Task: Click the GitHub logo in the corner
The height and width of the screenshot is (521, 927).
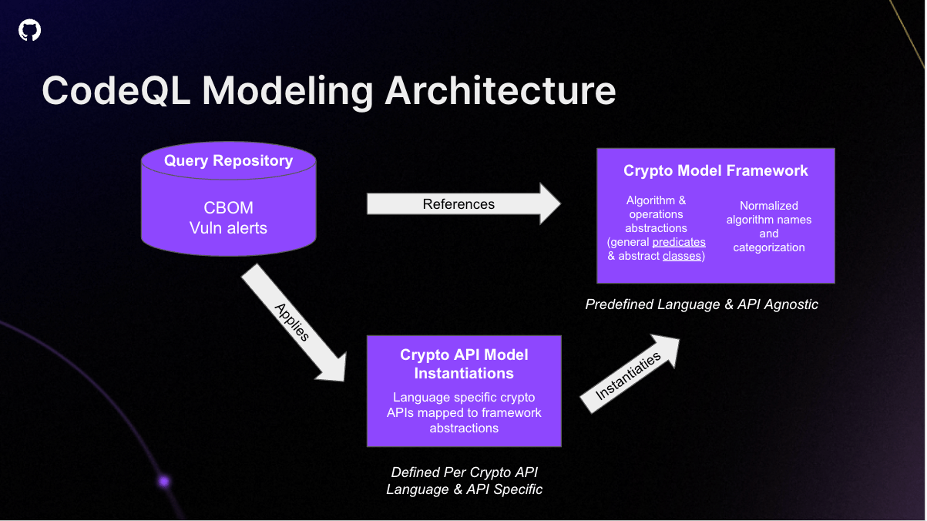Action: pyautogui.click(x=29, y=30)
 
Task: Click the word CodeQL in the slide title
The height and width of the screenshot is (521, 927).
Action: pyautogui.click(x=116, y=91)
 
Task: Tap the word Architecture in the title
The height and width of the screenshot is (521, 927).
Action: pyautogui.click(x=500, y=91)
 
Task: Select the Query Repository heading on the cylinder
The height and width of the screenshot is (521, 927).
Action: pyautogui.click(x=228, y=161)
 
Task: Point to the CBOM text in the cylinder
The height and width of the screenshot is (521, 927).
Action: pyautogui.click(x=228, y=208)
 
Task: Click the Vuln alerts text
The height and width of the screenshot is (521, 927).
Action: pyautogui.click(x=228, y=228)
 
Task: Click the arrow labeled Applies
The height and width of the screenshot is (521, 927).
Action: pyautogui.click(x=294, y=324)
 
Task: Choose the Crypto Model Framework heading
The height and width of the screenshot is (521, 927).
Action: pyautogui.click(x=716, y=170)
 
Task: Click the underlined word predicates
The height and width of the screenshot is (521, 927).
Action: pyautogui.click(x=678, y=242)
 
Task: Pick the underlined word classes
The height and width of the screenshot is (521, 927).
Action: pyautogui.click(x=682, y=256)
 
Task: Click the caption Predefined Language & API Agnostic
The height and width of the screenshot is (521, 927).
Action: pyautogui.click(x=701, y=304)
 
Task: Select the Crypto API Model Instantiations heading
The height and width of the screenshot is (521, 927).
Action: pyautogui.click(x=464, y=364)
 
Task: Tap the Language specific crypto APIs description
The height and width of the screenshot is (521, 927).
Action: pyautogui.click(x=464, y=412)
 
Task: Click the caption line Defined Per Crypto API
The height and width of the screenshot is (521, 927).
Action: pyautogui.click(x=464, y=472)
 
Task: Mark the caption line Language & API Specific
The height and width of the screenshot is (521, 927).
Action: pyautogui.click(x=464, y=489)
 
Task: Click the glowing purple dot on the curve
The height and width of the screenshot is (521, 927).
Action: pyautogui.click(x=164, y=482)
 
